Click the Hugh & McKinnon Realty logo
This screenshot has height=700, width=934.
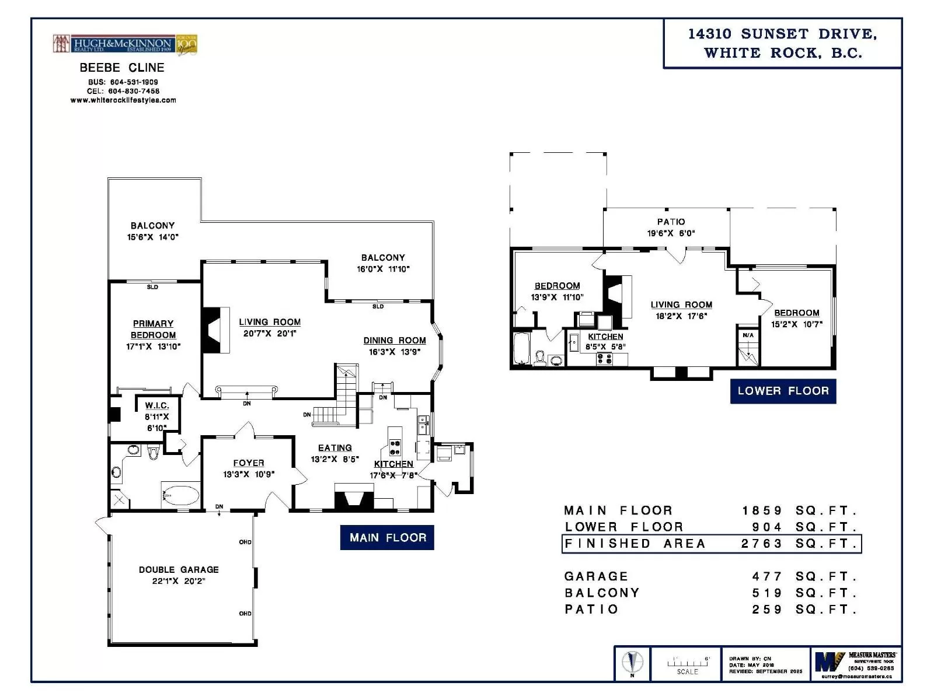point(125,44)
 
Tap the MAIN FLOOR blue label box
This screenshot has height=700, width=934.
point(387,537)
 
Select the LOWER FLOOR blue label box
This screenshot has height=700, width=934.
point(783,391)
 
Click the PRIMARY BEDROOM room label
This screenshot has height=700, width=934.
point(153,330)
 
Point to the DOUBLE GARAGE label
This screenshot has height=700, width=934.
point(179,569)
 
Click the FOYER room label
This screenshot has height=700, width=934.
point(249,463)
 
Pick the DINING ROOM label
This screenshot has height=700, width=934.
point(395,341)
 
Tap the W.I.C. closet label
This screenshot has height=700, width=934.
point(157,405)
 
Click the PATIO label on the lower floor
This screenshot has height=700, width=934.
point(671,222)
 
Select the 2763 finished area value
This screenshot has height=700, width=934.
point(762,544)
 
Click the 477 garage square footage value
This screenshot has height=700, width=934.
point(767,576)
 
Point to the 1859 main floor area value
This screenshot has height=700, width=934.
point(762,510)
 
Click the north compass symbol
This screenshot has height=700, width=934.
point(632,663)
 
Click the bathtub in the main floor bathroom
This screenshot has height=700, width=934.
point(180,496)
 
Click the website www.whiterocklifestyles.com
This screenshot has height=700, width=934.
point(123,100)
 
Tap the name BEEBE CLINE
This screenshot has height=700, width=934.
point(122,68)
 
